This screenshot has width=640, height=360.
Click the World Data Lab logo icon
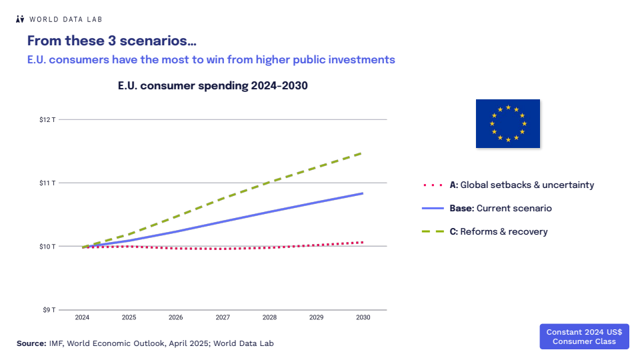point(20,19)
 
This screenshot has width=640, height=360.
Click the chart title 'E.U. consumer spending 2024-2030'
point(213,86)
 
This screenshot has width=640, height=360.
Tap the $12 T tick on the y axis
point(47,120)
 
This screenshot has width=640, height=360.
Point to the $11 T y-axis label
point(47,183)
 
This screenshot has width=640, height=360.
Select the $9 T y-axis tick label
point(48,310)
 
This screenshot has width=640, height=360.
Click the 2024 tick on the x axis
point(83,317)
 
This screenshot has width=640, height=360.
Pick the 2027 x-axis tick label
point(223,317)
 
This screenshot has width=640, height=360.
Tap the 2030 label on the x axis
point(363,317)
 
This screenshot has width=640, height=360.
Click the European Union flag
point(507,123)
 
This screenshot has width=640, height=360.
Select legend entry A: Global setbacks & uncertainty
point(508,185)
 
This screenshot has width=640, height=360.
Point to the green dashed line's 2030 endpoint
point(362,153)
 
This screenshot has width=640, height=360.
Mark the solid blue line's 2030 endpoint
point(363,193)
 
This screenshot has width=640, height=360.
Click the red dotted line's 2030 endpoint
point(363,242)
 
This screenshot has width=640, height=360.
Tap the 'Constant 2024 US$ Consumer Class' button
point(584,337)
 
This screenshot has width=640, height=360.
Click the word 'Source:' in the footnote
point(31,343)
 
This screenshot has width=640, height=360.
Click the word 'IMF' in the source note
point(56,343)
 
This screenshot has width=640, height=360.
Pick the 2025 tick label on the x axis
point(129,317)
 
